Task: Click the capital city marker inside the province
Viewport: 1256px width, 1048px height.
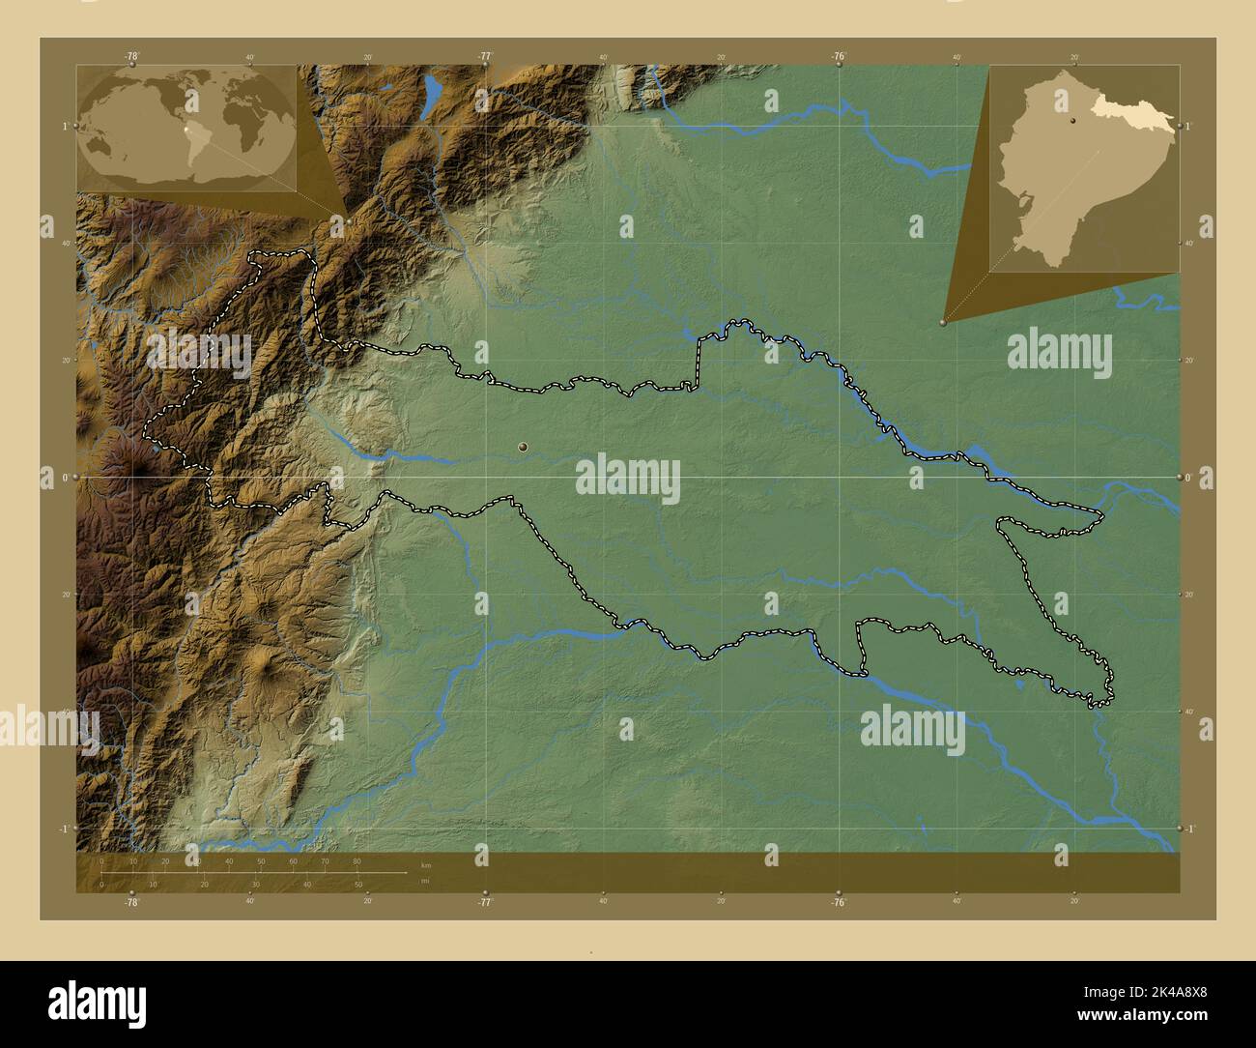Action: (523, 447)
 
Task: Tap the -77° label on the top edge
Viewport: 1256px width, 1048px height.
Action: (484, 57)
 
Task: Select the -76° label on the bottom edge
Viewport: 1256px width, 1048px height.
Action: (839, 902)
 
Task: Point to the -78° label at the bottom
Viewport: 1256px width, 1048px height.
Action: (130, 902)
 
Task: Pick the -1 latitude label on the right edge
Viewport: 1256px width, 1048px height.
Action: (1189, 829)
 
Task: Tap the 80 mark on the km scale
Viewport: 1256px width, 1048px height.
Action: (357, 860)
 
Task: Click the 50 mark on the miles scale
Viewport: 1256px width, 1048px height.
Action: (358, 884)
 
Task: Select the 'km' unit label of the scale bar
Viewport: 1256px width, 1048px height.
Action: (425, 863)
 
